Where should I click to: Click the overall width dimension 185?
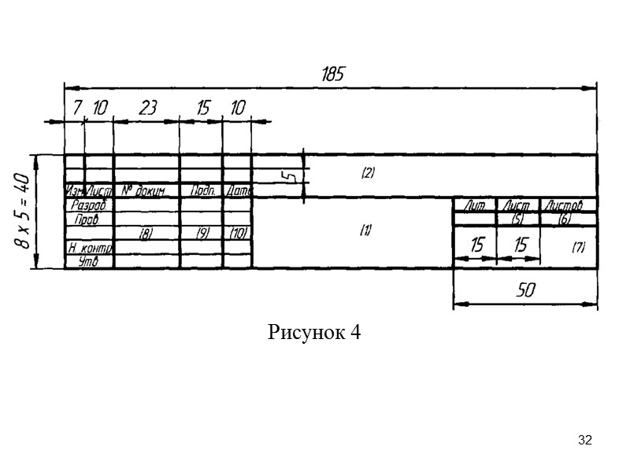(x=333, y=74)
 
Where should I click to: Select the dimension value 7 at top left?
(x=77, y=109)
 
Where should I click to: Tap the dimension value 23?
(x=147, y=109)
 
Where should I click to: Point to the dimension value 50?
(x=525, y=289)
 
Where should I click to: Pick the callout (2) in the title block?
(x=367, y=174)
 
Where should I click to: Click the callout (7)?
(x=579, y=247)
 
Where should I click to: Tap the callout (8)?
(x=146, y=234)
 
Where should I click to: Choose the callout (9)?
(x=202, y=234)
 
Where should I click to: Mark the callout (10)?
(x=238, y=234)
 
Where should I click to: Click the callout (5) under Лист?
(x=517, y=219)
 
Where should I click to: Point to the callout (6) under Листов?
(x=564, y=219)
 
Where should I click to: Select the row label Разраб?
(x=88, y=205)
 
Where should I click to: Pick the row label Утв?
(x=88, y=262)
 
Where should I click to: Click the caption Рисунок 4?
(x=314, y=332)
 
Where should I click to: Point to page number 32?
(x=584, y=439)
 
